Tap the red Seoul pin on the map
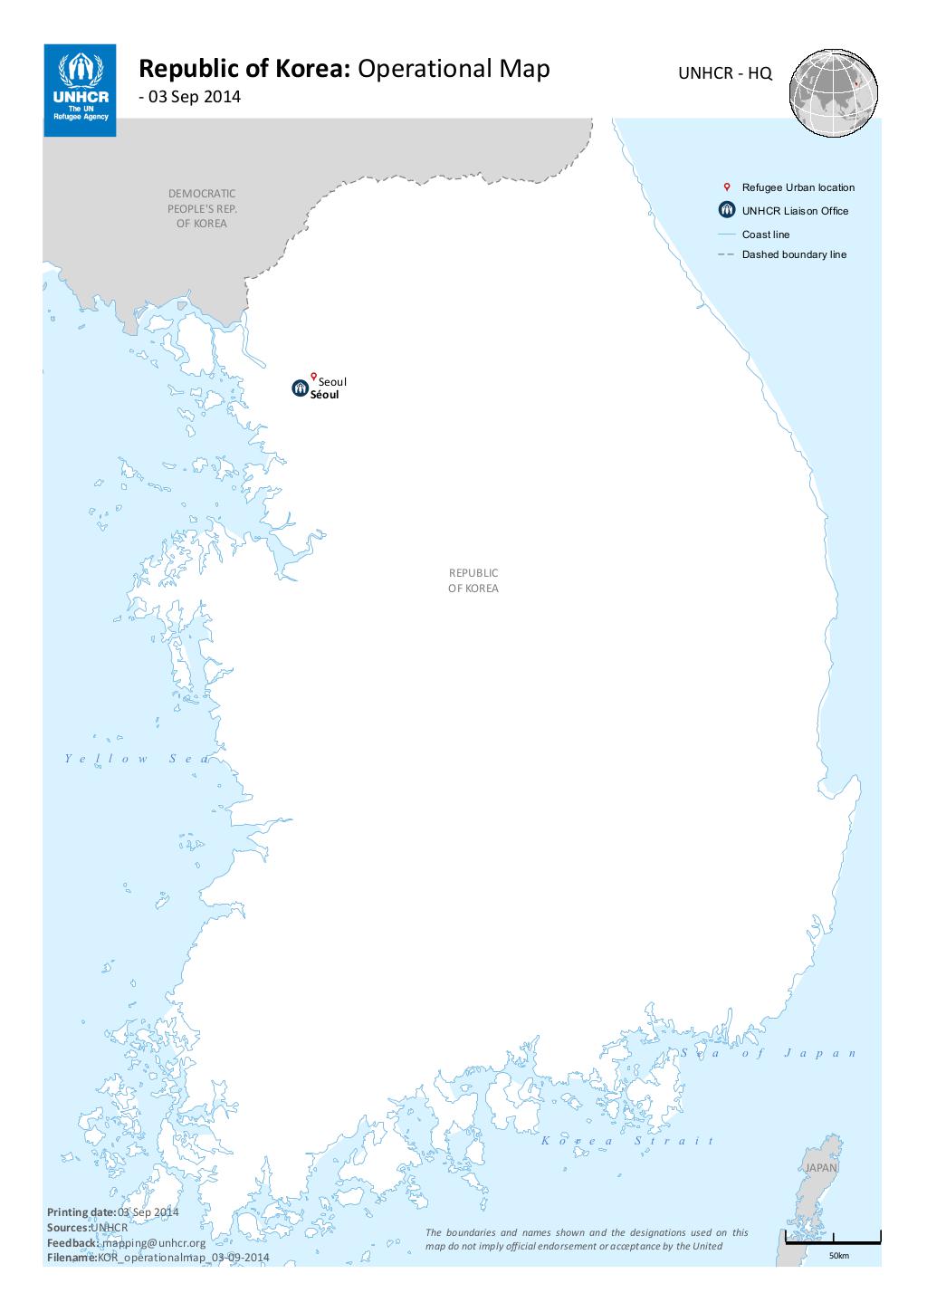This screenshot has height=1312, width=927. (x=313, y=377)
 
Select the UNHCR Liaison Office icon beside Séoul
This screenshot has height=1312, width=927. (x=300, y=388)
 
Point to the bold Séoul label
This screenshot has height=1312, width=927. (x=325, y=396)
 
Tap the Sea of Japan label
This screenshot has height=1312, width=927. (x=769, y=1053)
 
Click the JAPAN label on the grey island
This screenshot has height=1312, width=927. (x=821, y=1168)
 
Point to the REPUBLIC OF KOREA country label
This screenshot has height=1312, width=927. (x=473, y=580)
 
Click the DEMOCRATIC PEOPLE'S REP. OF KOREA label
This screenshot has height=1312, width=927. (x=202, y=207)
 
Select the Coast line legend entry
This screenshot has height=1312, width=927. (x=766, y=235)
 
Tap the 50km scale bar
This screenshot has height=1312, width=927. (x=833, y=1240)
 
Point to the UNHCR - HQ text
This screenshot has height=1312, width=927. (x=726, y=74)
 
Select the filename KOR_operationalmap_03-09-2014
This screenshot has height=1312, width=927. (x=183, y=1258)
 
